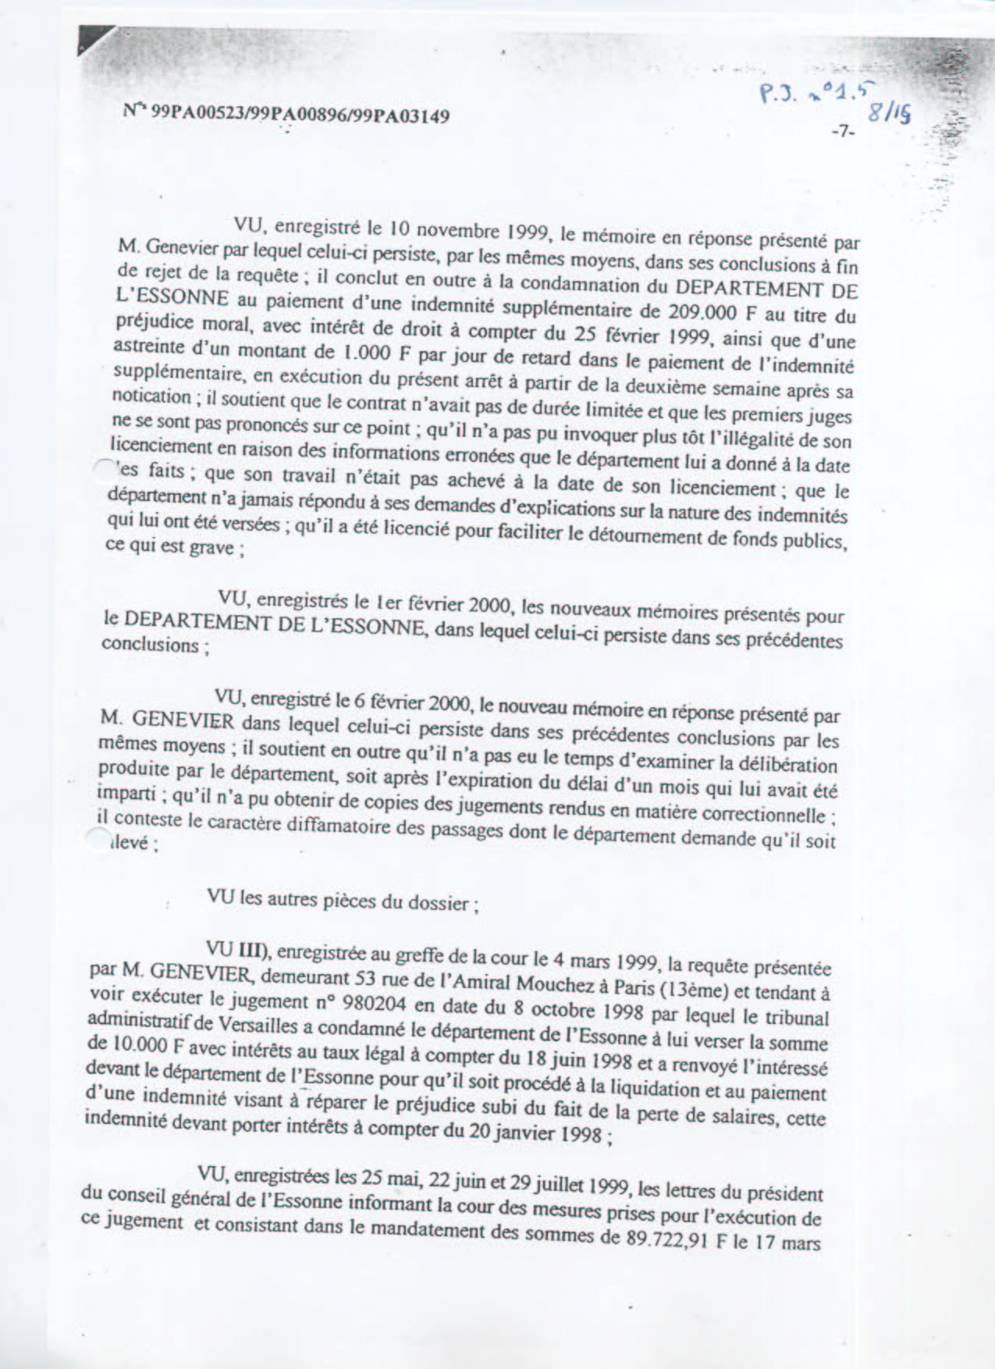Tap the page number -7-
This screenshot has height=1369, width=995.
(843, 132)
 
